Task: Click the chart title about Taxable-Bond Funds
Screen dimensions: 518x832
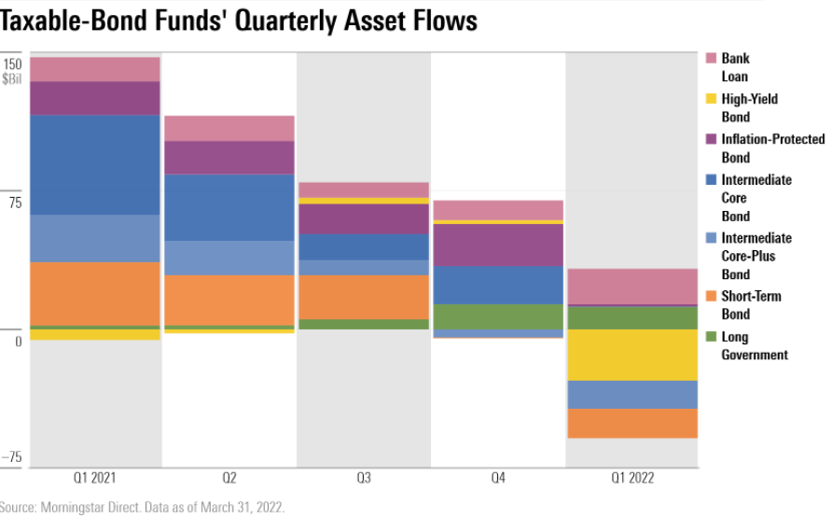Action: pos(240,21)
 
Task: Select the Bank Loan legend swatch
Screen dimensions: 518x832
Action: pos(711,58)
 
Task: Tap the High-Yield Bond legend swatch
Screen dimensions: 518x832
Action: pos(711,99)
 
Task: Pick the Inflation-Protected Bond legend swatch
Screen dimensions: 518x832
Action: pos(711,139)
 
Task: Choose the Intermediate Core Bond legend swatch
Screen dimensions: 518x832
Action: pos(711,179)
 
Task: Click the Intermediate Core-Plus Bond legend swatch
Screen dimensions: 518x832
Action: pos(711,238)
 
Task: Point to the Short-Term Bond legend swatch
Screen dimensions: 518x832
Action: pos(711,297)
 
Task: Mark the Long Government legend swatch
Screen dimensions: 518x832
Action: pos(711,337)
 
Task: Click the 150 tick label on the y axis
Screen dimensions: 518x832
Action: pos(12,64)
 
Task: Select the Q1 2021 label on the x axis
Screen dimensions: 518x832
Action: pos(95,478)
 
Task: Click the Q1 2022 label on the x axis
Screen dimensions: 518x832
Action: pos(631,478)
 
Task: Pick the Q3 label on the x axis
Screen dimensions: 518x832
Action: pos(363,478)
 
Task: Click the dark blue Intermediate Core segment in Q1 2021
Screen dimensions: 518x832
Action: pos(95,164)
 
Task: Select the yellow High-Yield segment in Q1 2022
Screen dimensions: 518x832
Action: pos(632,355)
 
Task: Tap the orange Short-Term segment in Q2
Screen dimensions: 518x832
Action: pos(229,300)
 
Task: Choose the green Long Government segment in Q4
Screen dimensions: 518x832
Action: pos(498,316)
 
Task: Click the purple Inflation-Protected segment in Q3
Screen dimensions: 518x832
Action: pos(363,218)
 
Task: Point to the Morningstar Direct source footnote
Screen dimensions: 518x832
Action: pos(143,508)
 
